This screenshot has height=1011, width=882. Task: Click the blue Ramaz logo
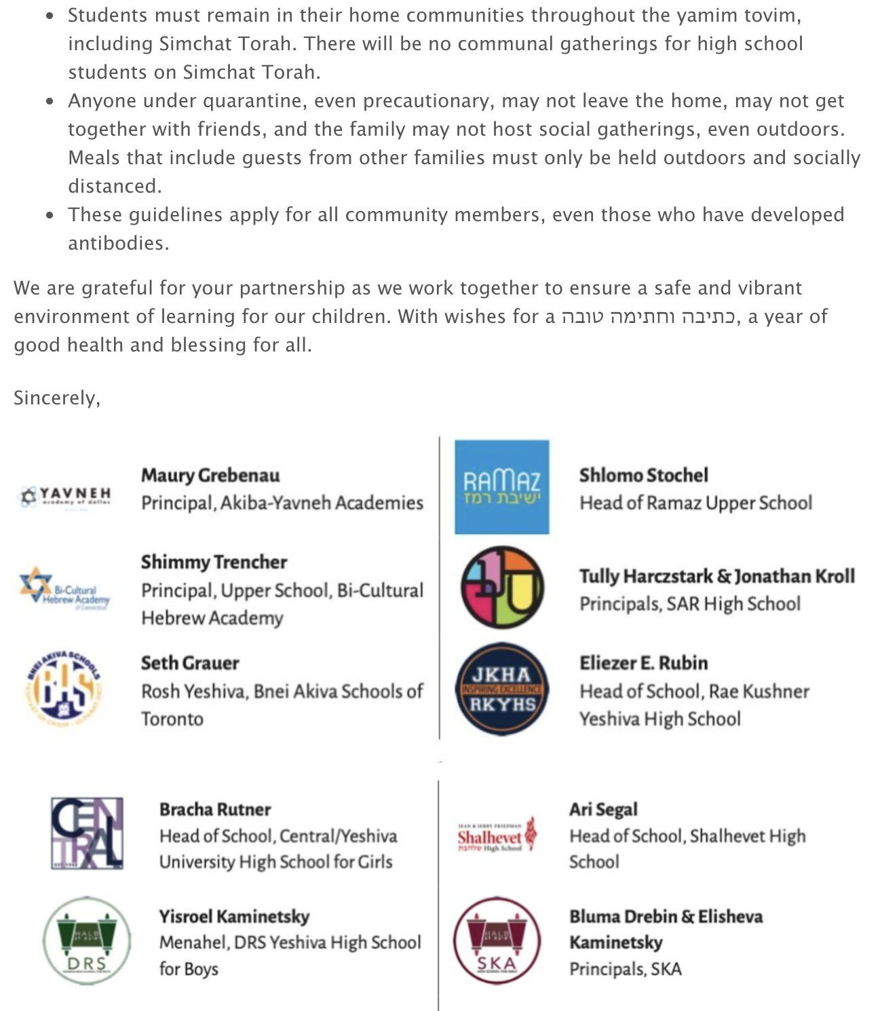501,487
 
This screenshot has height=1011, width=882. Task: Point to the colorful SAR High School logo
502,588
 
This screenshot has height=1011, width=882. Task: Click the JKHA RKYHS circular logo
502,689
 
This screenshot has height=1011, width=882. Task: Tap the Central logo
87,833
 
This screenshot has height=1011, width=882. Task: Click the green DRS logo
86,940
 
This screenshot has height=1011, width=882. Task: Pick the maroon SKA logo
497,940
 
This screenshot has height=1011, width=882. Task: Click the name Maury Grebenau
210,475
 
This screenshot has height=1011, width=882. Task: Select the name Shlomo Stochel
643,475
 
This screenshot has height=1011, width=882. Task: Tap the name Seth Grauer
190,663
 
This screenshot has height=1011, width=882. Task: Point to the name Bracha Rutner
215,809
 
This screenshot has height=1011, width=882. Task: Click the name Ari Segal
603,809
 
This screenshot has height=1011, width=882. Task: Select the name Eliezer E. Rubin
643,663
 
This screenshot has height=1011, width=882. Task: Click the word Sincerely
57,398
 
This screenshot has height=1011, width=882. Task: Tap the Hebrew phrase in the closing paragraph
649,316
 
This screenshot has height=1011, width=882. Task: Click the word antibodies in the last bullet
118,243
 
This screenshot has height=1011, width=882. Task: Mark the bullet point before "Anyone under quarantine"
50,102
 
